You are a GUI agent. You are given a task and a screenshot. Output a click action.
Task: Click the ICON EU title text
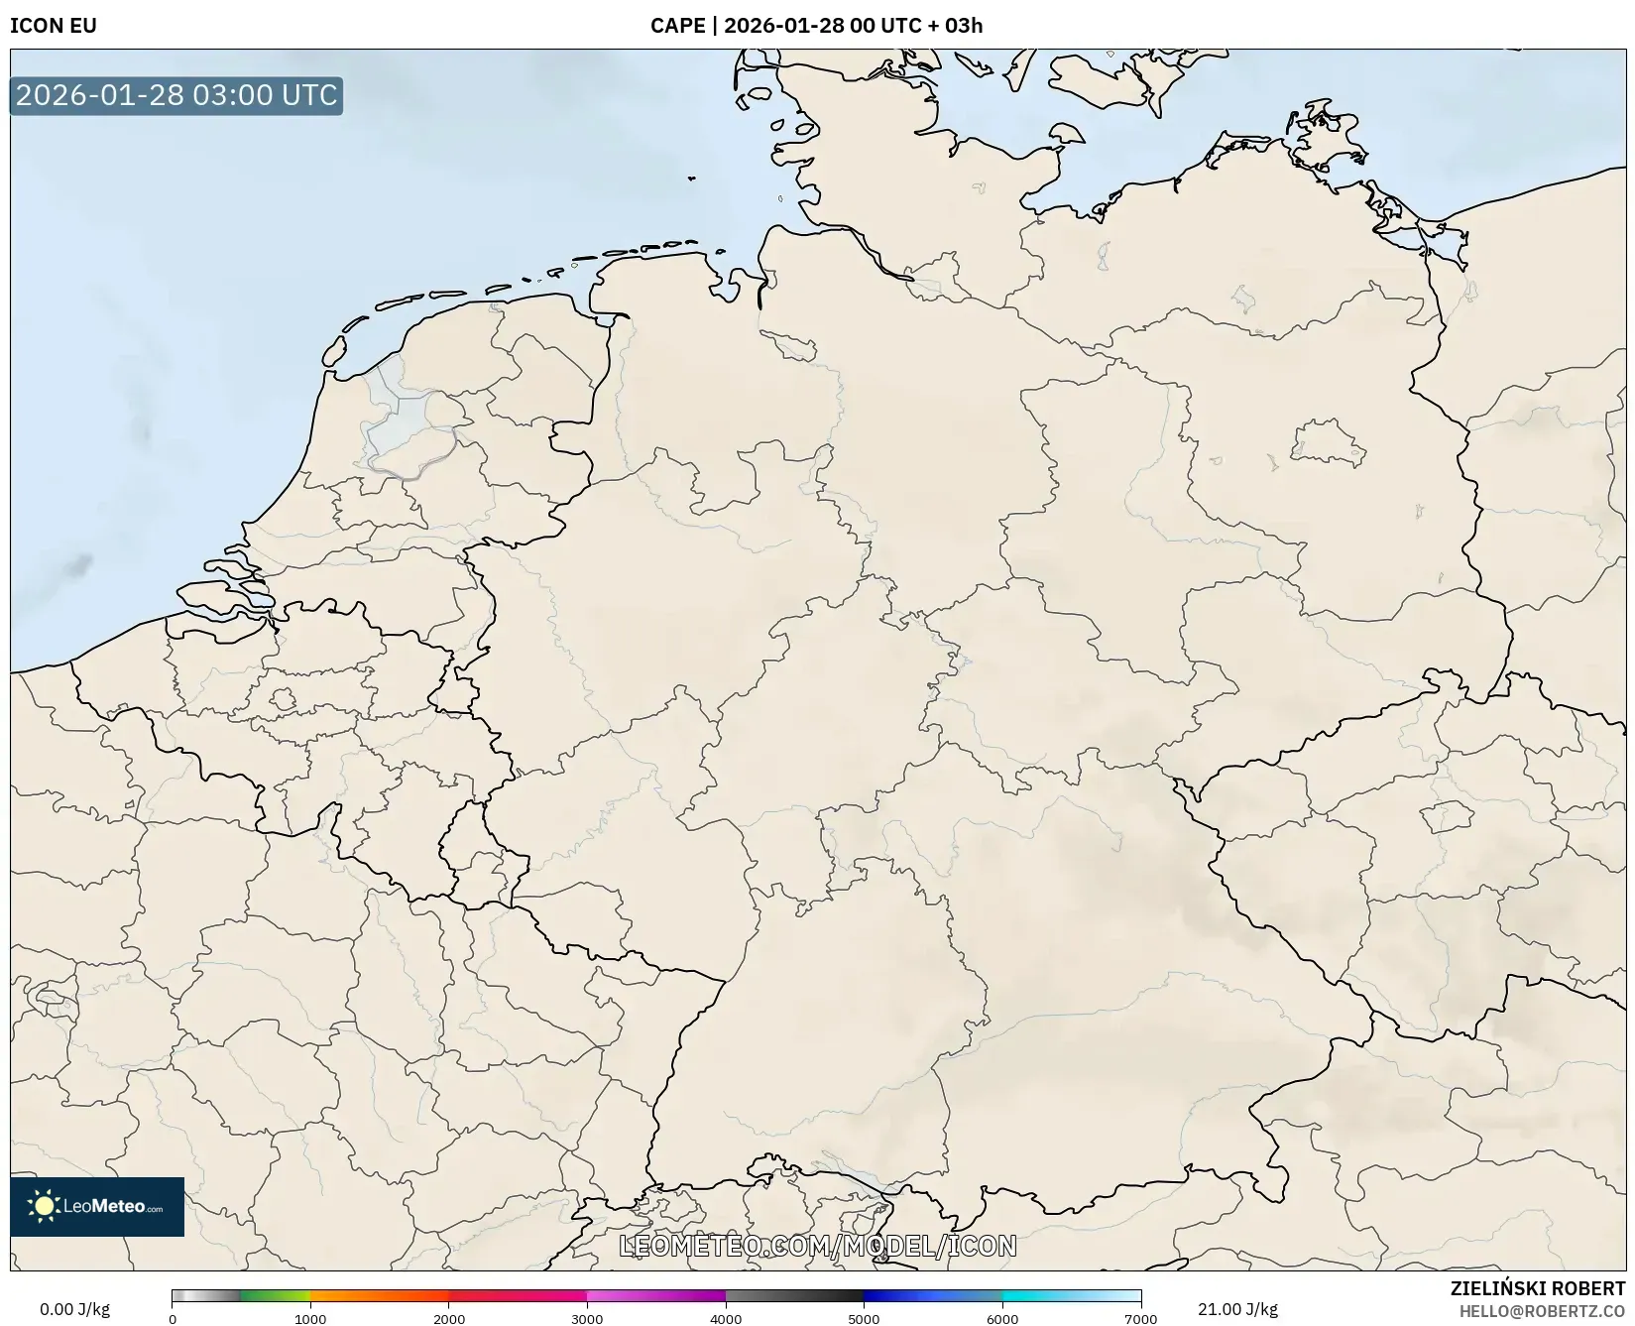pos(54,26)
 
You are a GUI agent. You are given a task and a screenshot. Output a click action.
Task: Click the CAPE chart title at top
pos(816,26)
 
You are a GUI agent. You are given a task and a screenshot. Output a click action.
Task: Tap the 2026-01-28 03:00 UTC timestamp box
pos(176,95)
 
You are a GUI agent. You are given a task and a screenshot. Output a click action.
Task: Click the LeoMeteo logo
pos(97,1206)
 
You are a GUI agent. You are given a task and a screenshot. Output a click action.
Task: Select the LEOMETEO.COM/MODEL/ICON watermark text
pos(818,1246)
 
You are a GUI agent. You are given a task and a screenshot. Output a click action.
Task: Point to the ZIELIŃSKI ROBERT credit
pos(1537,1288)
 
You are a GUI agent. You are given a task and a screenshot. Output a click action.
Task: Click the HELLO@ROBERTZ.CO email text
pos(1542,1311)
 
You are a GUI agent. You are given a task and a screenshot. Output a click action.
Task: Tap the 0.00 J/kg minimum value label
pos(74,1309)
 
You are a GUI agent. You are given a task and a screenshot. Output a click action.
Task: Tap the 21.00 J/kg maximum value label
pos(1237,1309)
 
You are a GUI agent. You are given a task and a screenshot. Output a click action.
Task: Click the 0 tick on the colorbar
pos(173,1318)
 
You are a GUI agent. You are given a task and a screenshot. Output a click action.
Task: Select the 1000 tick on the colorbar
pos(310,1318)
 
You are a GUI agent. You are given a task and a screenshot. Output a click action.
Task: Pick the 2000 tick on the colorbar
pos(449,1318)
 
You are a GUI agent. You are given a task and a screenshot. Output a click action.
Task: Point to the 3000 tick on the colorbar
pos(587,1318)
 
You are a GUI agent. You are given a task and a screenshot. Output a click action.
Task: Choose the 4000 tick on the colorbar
pos(726,1318)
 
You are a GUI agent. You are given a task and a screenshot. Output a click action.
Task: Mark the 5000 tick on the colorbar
pos(864,1318)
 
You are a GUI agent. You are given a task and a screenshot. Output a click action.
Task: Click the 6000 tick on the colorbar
pos(1002,1318)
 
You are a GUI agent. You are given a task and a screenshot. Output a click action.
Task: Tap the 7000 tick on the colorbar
pos(1140,1318)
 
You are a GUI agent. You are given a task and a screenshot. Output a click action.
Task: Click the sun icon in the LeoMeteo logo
pos(44,1206)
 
